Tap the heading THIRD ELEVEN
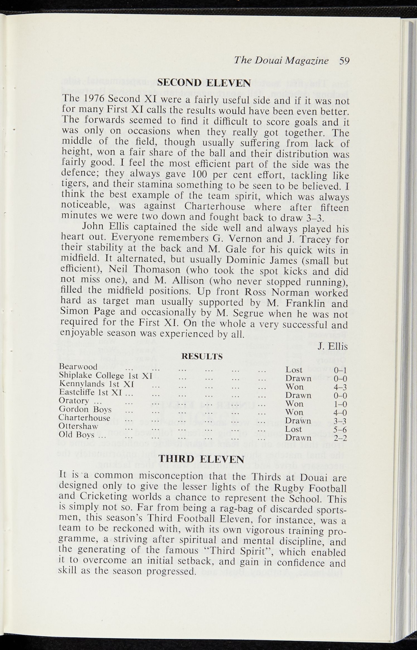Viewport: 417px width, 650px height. pyautogui.click(x=201, y=459)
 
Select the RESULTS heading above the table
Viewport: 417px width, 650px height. pyautogui.click(x=202, y=356)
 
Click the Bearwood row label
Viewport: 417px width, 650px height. pyautogui.click(x=78, y=367)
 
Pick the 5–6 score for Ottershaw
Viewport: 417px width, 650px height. pyautogui.click(x=340, y=429)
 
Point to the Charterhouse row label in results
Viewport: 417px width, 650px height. pyautogui.click(x=84, y=418)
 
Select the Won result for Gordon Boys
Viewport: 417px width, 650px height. pyautogui.click(x=294, y=412)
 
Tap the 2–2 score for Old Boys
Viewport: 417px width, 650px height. pyautogui.click(x=340, y=438)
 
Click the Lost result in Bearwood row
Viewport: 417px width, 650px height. pyautogui.click(x=294, y=370)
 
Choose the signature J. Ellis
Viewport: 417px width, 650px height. pyautogui.click(x=333, y=347)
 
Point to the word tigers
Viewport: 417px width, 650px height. pyautogui.click(x=74, y=185)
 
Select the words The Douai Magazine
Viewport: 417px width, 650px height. pyautogui.click(x=281, y=60)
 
